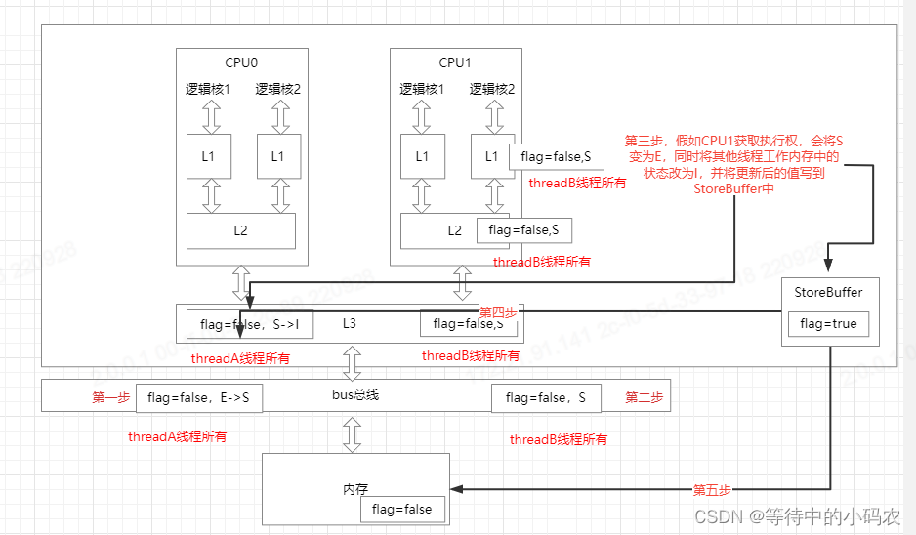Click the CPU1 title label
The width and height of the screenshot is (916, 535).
point(454,62)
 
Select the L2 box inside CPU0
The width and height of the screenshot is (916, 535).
point(241,230)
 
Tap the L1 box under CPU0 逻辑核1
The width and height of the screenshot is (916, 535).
point(207,156)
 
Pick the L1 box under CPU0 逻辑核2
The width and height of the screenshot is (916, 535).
point(277,156)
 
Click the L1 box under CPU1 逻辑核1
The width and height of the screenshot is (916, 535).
point(422,156)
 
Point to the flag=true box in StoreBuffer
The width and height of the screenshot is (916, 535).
point(828,324)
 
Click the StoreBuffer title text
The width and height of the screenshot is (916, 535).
point(828,291)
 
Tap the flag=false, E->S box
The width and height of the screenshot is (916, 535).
point(204,397)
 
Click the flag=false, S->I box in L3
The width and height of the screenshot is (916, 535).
point(250,324)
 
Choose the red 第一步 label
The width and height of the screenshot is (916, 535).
point(111,397)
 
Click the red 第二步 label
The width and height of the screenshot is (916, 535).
point(645,397)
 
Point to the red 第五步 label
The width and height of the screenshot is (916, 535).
point(712,488)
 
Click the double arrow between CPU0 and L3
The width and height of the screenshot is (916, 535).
point(241,284)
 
